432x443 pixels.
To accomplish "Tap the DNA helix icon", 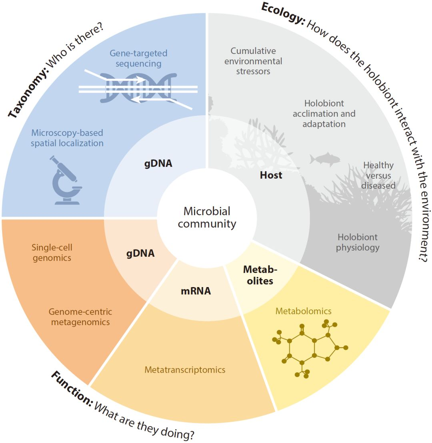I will tap(138, 88).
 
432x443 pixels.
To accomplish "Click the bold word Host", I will tap(271, 175).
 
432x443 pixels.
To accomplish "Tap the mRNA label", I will tap(196, 291).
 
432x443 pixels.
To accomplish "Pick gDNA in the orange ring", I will tap(140, 253).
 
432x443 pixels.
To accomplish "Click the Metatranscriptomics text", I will tap(185, 370).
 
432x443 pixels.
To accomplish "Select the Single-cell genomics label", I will tap(52, 252).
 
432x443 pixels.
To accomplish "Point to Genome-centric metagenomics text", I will tap(80, 316).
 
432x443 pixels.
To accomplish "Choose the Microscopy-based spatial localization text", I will tap(67, 138).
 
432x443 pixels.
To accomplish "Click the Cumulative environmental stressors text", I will tap(253, 61).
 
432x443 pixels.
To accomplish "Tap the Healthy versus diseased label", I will tap(378, 175).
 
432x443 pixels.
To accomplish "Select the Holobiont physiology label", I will tap(358, 242).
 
